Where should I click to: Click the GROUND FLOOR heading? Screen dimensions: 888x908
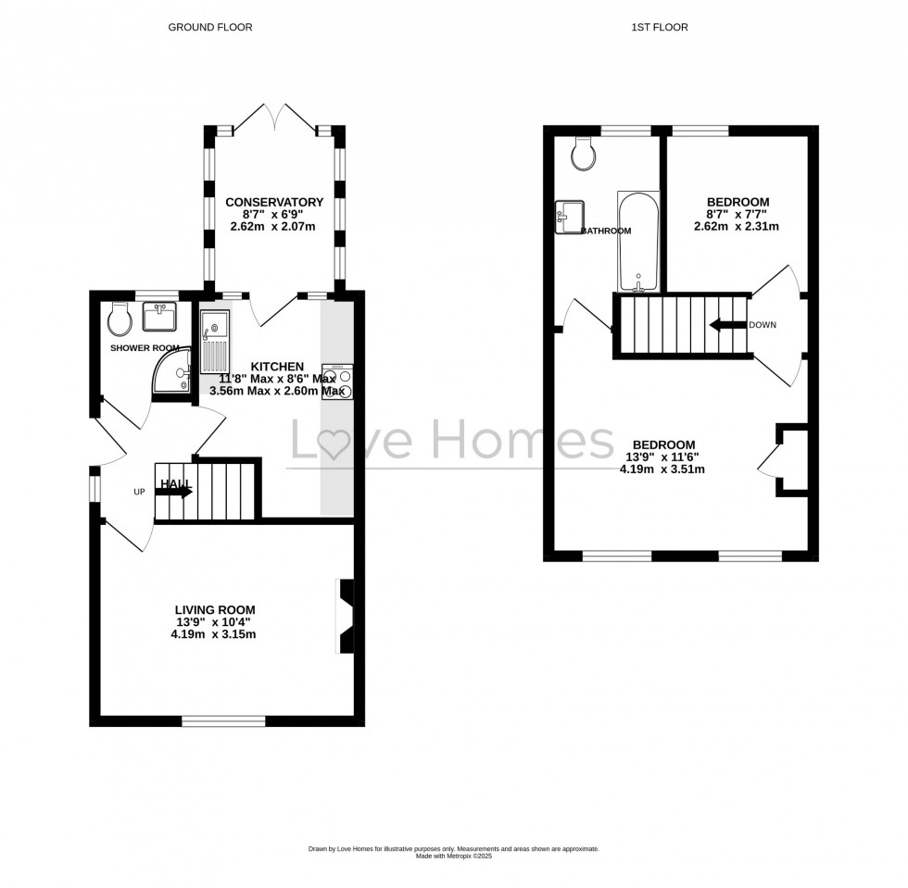209,28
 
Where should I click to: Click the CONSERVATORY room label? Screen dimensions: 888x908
273,202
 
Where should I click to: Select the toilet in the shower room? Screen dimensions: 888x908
120,319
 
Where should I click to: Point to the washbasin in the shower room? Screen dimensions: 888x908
160,318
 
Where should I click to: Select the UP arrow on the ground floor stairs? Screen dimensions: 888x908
176,492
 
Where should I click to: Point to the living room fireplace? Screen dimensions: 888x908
345,618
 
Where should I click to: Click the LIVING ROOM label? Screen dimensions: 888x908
215,609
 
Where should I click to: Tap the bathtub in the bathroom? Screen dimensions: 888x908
638,241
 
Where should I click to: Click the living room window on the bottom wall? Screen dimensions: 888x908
223,720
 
